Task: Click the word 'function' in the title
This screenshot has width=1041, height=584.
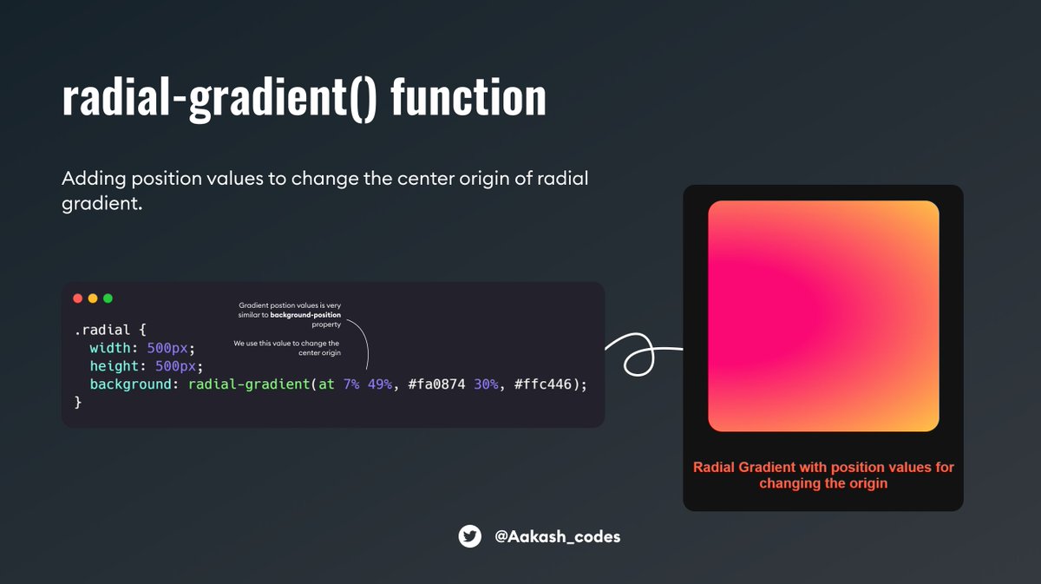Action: pos(468,98)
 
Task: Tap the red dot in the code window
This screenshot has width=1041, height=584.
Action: pos(78,298)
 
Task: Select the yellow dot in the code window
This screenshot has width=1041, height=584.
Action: pos(93,298)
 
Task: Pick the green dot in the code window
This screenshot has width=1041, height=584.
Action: pos(108,298)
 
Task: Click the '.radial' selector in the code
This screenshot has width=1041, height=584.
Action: pos(102,330)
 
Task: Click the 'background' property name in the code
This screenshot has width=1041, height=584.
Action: pos(130,384)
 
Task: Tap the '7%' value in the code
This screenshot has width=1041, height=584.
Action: pos(351,384)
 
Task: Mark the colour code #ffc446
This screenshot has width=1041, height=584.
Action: pos(543,384)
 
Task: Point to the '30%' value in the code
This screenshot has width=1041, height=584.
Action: pos(487,384)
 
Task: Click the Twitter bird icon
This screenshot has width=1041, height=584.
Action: pos(470,536)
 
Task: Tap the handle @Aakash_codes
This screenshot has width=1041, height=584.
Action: pos(558,536)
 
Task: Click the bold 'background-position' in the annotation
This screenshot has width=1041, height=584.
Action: pos(305,315)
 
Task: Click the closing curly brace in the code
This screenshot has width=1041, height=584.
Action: pos(78,402)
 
